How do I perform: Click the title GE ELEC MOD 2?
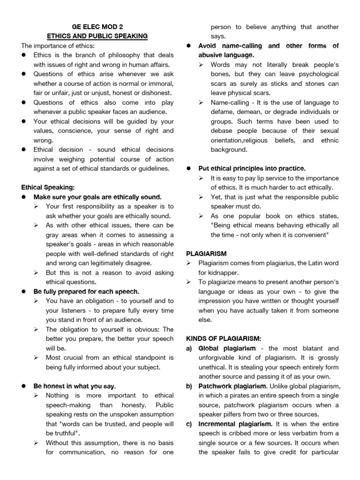pyautogui.click(x=96, y=27)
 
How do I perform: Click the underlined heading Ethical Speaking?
pyautogui.click(x=48, y=187)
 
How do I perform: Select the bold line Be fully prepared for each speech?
pyautogui.click(x=86, y=291)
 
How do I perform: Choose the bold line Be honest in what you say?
pyautogui.click(x=75, y=386)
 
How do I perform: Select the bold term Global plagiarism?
pyautogui.click(x=227, y=348)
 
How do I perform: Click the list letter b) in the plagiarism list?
pyautogui.click(x=190, y=386)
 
